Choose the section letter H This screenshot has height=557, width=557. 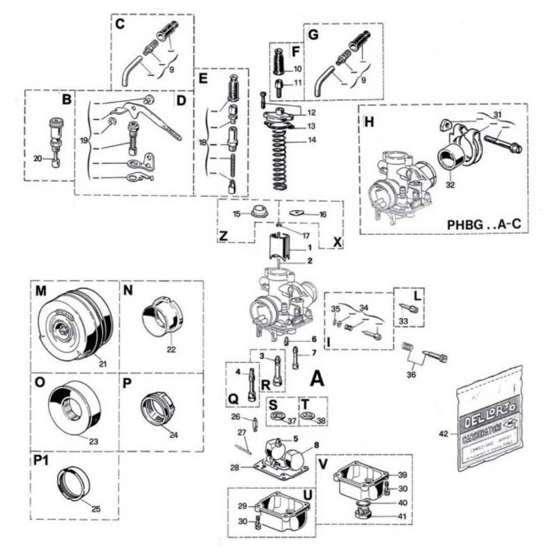pyautogui.click(x=369, y=121)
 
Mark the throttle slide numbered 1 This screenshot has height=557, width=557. pyautogui.click(x=278, y=246)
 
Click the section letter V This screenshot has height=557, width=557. pyautogui.click(x=322, y=463)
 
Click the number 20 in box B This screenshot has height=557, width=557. pyautogui.click(x=38, y=159)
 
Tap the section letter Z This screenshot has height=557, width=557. pyautogui.click(x=223, y=237)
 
